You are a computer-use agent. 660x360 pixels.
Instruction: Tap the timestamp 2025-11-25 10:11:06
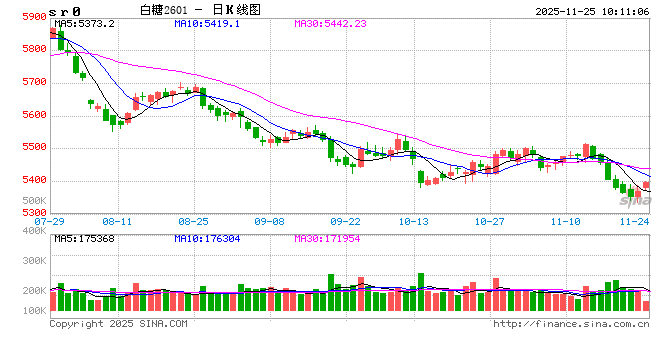591,10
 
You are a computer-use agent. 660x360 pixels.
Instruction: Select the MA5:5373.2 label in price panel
85,22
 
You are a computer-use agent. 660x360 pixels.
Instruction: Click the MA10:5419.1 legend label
208,22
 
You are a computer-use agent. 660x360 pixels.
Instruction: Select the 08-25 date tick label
193,221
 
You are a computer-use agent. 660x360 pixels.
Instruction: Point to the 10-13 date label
413,221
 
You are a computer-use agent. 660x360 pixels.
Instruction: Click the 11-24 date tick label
635,221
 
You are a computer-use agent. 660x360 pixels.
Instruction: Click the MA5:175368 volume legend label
85,238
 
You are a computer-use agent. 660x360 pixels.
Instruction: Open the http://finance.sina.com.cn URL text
571,323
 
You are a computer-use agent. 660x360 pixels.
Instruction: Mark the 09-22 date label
346,221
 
